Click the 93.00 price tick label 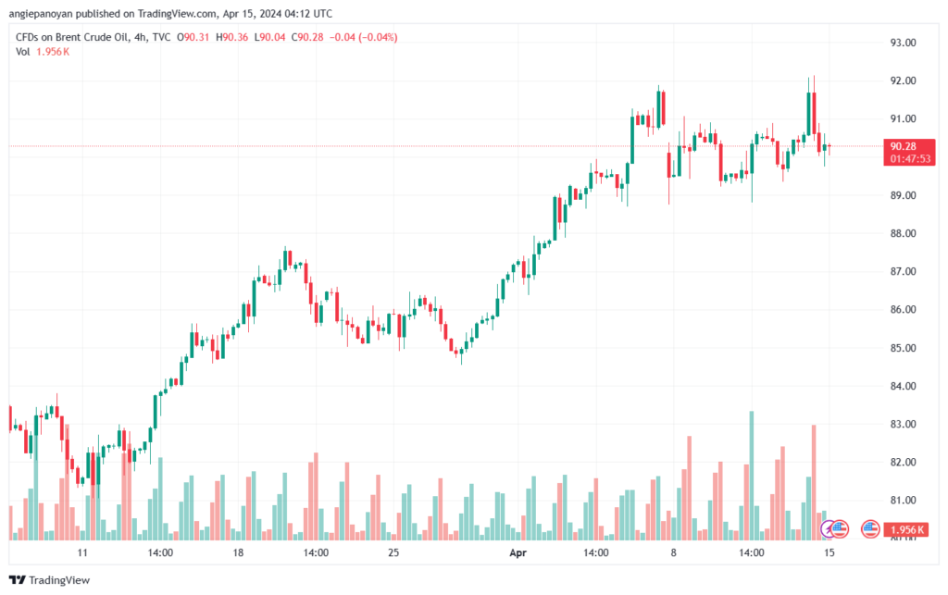click(x=903, y=43)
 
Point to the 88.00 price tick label click(x=903, y=233)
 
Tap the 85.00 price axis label click(x=903, y=348)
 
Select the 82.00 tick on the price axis click(x=903, y=462)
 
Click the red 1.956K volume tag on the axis click(x=907, y=530)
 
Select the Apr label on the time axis click(x=519, y=553)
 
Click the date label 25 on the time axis click(x=393, y=553)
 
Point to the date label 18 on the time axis click(x=239, y=553)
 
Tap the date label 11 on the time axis click(x=82, y=553)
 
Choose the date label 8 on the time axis click(x=674, y=553)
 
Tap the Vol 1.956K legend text click(x=43, y=52)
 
